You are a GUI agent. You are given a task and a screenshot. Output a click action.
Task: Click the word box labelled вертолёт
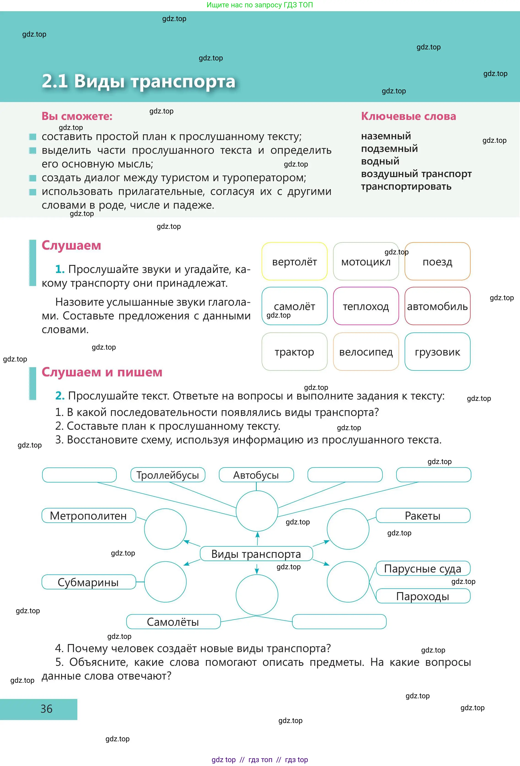pyautogui.click(x=294, y=261)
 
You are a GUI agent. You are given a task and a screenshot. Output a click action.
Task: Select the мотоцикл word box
pyautogui.click(x=366, y=261)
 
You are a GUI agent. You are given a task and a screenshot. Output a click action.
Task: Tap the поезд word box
pyautogui.click(x=437, y=261)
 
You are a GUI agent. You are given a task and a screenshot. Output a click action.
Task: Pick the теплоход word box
pyautogui.click(x=366, y=306)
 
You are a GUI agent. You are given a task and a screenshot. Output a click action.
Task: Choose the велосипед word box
pyautogui.click(x=366, y=351)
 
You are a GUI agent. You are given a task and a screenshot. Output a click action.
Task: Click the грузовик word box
pyautogui.click(x=437, y=351)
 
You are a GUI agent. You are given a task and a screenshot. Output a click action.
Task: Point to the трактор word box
pyautogui.click(x=294, y=351)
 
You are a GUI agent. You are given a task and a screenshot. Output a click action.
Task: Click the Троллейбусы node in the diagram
pyautogui.click(x=168, y=475)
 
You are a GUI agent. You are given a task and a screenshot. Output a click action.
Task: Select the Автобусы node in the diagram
pyautogui.click(x=256, y=475)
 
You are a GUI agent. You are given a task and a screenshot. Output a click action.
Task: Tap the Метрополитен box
pyautogui.click(x=89, y=515)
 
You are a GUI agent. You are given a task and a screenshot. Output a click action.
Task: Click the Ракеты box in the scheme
pyautogui.click(x=423, y=515)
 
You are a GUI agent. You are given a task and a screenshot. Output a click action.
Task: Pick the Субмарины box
pyautogui.click(x=89, y=582)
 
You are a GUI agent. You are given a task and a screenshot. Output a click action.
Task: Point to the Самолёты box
pyautogui.click(x=173, y=622)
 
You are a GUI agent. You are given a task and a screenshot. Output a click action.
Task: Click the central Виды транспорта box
pyautogui.click(x=256, y=554)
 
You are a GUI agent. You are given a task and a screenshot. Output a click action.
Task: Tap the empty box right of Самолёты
pyautogui.click(x=339, y=622)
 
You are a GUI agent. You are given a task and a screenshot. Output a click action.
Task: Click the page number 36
pyautogui.click(x=46, y=709)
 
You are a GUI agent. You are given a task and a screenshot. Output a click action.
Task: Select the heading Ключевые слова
pyautogui.click(x=408, y=116)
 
